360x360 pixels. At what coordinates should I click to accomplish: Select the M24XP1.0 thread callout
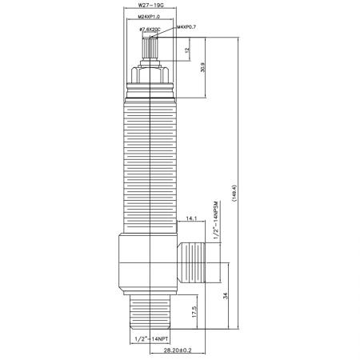(150, 17)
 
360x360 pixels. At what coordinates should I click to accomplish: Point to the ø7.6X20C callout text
(150, 30)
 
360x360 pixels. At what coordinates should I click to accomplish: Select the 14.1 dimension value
(192, 218)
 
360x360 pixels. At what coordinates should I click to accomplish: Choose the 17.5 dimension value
(195, 312)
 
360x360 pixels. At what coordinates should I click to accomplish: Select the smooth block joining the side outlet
(148, 262)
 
